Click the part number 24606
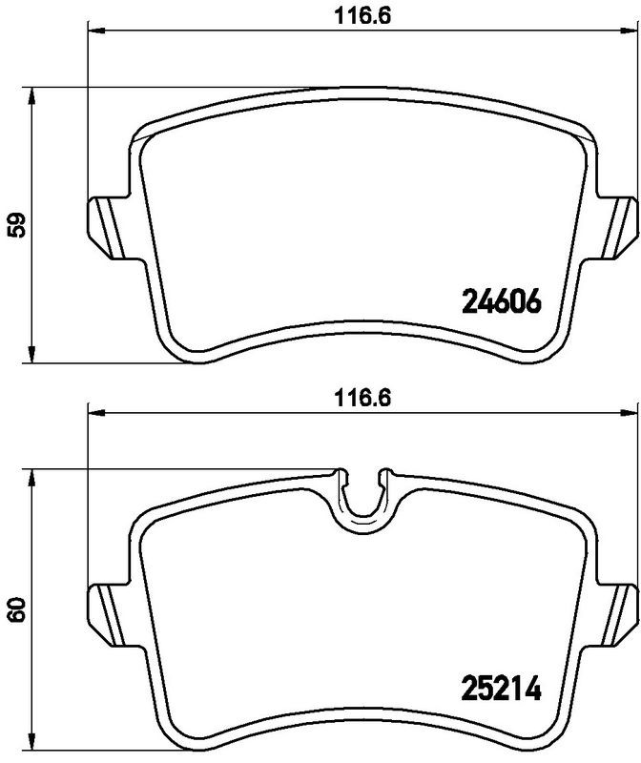[x=501, y=302]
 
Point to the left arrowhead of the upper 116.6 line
[x=94, y=31]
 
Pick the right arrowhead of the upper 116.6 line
[x=632, y=31]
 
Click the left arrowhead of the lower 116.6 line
[x=94, y=412]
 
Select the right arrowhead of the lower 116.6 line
[x=632, y=412]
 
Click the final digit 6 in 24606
[x=533, y=302]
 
